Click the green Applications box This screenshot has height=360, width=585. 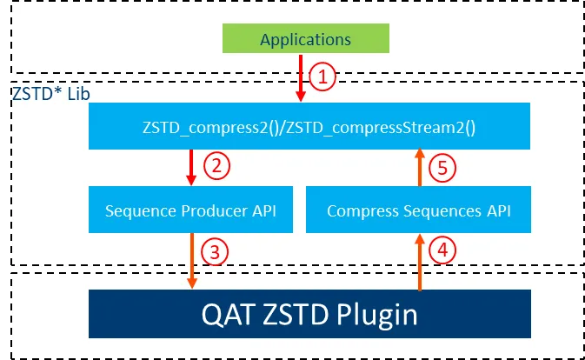(x=305, y=39)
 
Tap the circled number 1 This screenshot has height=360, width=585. (x=323, y=77)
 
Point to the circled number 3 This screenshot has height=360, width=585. (x=214, y=251)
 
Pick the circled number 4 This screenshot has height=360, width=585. (x=444, y=251)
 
